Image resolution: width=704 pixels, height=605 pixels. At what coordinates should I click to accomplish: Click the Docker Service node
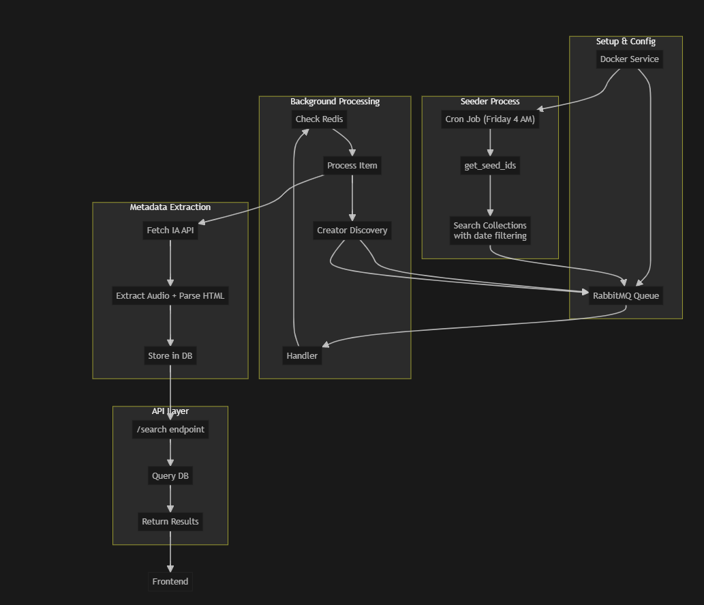629,59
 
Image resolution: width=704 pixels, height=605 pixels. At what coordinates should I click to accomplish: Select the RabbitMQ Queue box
626,295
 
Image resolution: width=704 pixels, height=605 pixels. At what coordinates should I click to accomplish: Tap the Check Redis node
320,119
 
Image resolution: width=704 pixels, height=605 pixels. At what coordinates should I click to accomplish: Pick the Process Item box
352,166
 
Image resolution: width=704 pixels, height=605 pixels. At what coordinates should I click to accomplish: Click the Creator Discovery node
352,231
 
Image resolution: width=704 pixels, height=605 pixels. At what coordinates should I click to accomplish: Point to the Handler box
302,355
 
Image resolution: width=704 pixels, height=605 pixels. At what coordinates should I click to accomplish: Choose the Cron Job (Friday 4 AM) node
490,119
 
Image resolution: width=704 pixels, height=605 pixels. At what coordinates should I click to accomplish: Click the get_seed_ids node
490,166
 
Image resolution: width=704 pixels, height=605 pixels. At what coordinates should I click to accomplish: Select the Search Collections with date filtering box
490,231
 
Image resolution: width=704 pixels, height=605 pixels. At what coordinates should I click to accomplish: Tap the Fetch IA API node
170,231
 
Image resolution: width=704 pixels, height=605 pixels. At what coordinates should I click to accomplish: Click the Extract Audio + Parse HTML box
170,295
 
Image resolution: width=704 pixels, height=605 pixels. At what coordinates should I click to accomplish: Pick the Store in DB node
170,355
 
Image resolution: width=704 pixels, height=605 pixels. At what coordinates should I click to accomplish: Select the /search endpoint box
170,429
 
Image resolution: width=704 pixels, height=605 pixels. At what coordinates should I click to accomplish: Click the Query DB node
170,475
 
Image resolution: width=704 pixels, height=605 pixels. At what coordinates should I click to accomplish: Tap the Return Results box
170,522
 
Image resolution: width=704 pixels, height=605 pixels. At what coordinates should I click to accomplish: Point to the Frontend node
170,582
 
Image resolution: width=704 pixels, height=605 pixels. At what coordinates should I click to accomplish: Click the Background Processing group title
335,102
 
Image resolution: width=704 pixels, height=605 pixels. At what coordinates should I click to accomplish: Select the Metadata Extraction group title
170,207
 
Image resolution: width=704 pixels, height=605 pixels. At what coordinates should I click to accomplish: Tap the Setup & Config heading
626,42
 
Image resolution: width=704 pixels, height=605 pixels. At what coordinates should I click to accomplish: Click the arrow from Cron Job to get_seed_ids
490,143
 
